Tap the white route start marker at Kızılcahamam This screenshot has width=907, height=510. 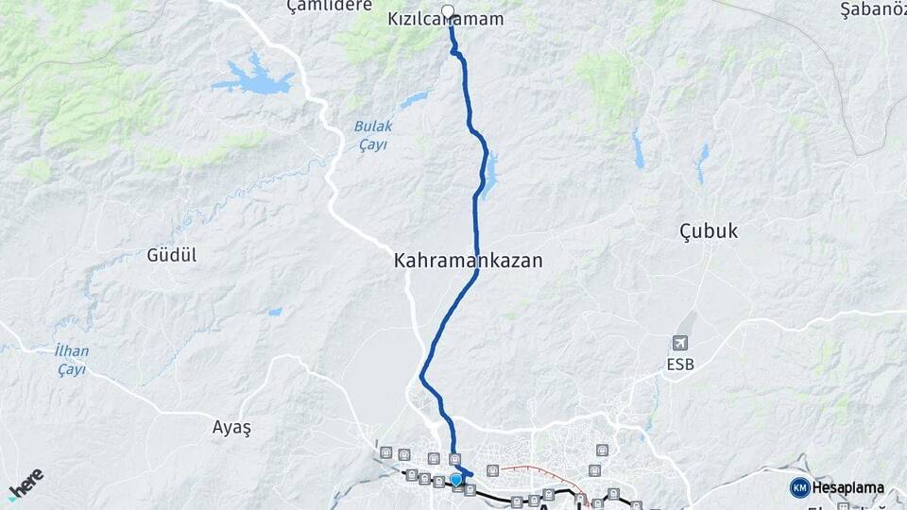449,12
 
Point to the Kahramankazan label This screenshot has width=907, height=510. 468,261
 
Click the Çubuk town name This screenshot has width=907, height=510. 709,231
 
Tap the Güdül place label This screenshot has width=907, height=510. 172,255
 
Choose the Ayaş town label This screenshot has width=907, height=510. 231,427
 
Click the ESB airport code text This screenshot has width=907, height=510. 681,363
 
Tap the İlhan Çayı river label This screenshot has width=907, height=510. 72,360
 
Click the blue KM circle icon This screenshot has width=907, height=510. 799,487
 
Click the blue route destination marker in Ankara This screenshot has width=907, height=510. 457,480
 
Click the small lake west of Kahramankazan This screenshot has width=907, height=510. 274,311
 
